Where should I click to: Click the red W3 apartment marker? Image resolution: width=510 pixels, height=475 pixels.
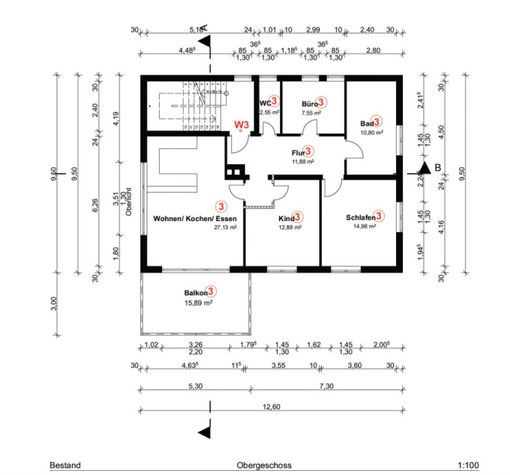241,125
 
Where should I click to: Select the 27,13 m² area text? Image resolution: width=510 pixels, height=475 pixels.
225,227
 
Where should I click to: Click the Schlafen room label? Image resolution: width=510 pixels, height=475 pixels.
361,217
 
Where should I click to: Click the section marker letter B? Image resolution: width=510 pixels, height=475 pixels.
437,168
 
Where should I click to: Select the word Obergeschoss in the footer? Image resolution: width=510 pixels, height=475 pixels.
264,465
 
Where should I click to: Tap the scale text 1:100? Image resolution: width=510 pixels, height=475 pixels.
468,465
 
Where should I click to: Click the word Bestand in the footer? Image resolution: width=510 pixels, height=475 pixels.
65,465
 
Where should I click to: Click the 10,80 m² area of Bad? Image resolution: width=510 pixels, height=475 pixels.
372,132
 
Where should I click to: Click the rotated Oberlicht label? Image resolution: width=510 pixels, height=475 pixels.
128,204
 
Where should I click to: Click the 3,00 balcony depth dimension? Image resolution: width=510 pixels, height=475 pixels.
53,304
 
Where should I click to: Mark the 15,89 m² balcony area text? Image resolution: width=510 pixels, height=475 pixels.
198,303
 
